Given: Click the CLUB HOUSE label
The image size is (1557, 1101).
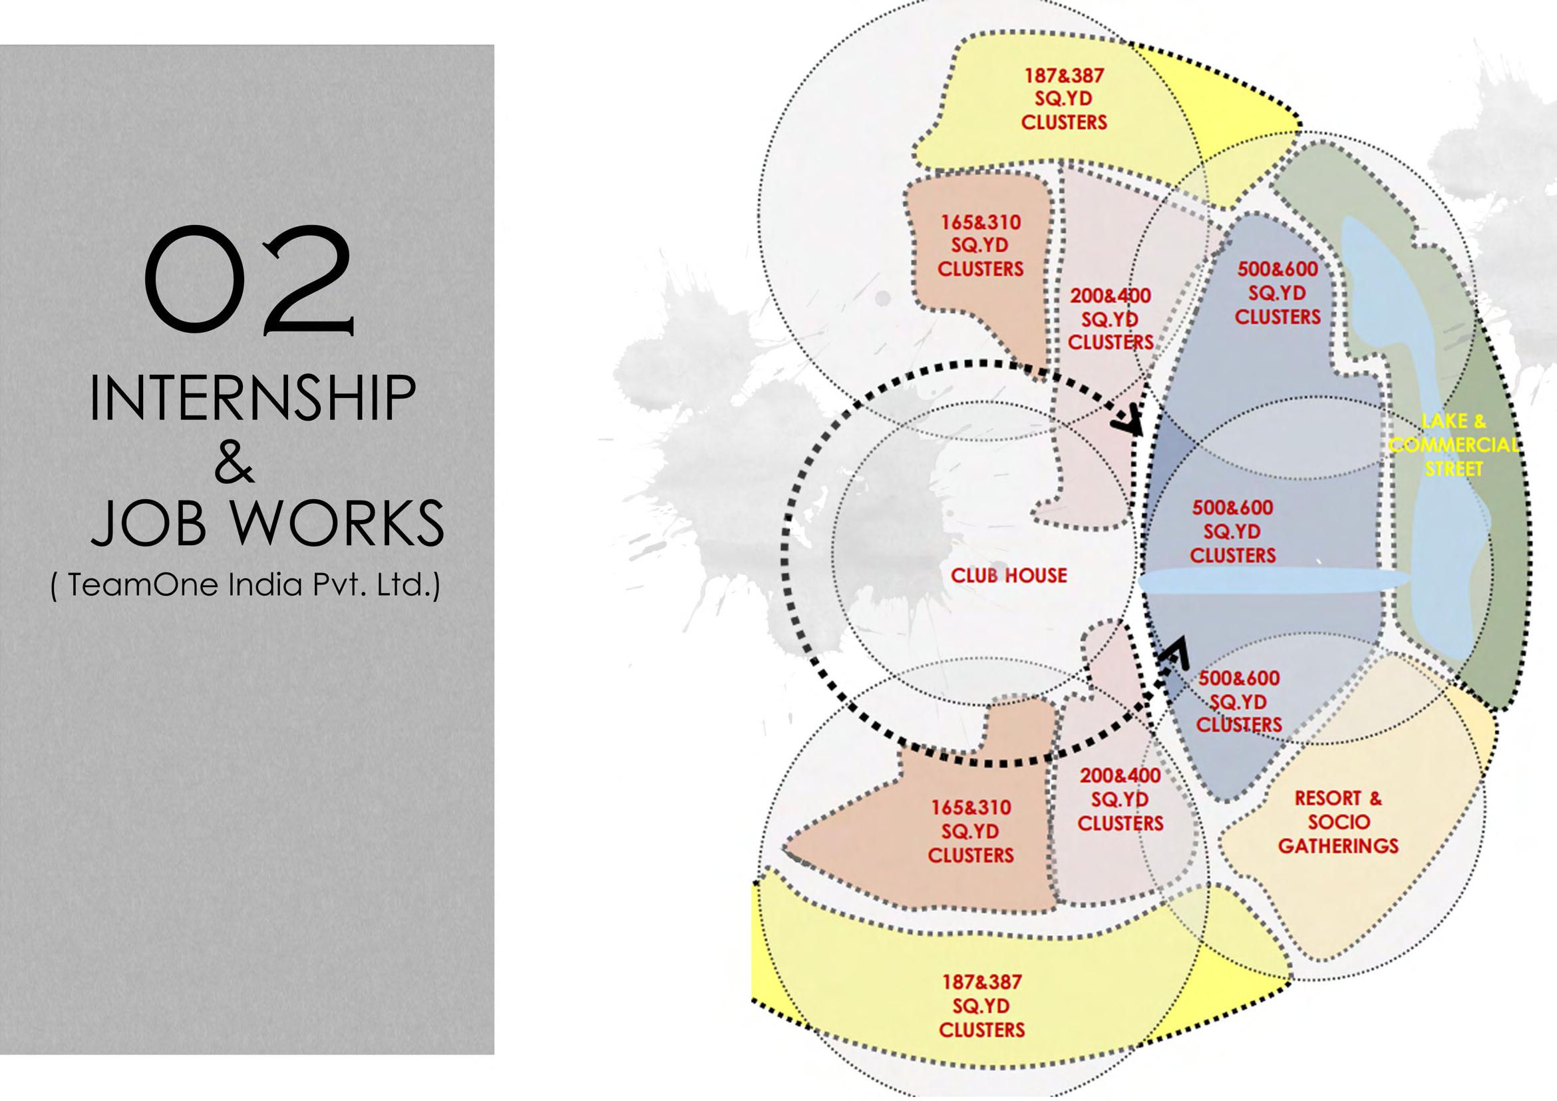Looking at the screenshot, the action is [x=1008, y=576].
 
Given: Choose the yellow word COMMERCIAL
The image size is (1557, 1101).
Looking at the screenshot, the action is [x=1454, y=445].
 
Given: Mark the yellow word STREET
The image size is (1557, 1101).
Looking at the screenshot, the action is [x=1454, y=469].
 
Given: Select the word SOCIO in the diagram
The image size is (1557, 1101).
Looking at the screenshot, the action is [x=1339, y=822].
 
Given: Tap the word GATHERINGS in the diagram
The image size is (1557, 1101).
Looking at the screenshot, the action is [x=1339, y=846].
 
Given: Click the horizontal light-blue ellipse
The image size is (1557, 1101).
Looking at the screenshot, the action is [x=1275, y=582].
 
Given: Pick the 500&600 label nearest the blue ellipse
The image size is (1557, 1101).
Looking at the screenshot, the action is [x=1233, y=507].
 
